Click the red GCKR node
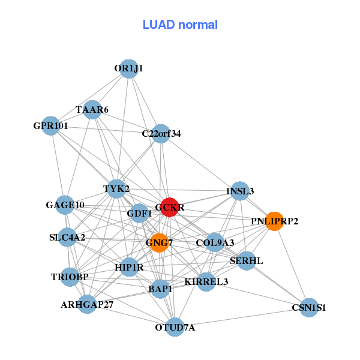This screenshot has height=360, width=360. (x=170, y=207)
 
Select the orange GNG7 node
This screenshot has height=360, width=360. (x=160, y=243)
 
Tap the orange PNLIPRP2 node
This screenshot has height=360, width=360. (x=274, y=221)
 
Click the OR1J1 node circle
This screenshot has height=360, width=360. (x=128, y=69)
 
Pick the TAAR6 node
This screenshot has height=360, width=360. (x=92, y=110)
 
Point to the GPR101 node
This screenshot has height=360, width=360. (x=51, y=126)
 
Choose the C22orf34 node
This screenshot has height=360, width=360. (x=161, y=134)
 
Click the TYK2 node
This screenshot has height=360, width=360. (x=116, y=189)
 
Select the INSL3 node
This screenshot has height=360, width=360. (x=240, y=191)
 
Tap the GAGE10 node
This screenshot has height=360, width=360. (x=65, y=205)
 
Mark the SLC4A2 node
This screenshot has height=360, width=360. (x=67, y=237)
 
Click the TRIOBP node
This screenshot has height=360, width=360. (x=70, y=277)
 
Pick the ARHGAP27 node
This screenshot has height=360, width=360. (x=87, y=304)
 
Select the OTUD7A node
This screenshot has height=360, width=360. (x=175, y=327)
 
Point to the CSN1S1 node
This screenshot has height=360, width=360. (x=309, y=308)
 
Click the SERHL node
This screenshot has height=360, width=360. (x=246, y=261)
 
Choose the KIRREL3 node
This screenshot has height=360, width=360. (x=206, y=282)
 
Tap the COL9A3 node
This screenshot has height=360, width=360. (x=215, y=243)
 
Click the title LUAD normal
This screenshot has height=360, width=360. (x=180, y=25)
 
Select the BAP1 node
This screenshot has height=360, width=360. (x=160, y=289)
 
